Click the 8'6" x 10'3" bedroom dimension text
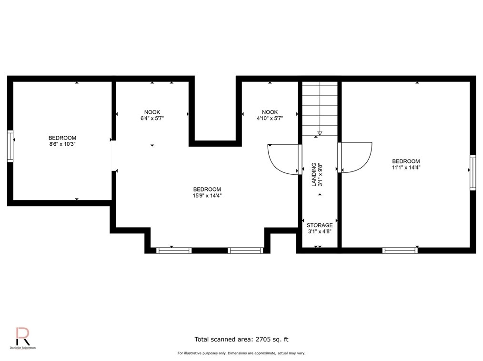coord(62,144)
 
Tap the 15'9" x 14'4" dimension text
coord(207,195)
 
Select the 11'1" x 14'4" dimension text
coord(406,167)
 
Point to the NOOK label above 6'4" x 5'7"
coord(152,112)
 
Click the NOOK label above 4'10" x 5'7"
coord(270,112)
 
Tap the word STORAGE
coord(320,225)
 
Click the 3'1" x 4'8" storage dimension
coord(320,231)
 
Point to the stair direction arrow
coord(320,133)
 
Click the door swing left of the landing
coord(283,160)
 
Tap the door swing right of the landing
coord(356,157)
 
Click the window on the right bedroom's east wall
coord(473,172)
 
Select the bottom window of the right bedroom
coord(400,251)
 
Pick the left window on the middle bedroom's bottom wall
coord(174,251)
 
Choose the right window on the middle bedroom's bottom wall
coord(245,251)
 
